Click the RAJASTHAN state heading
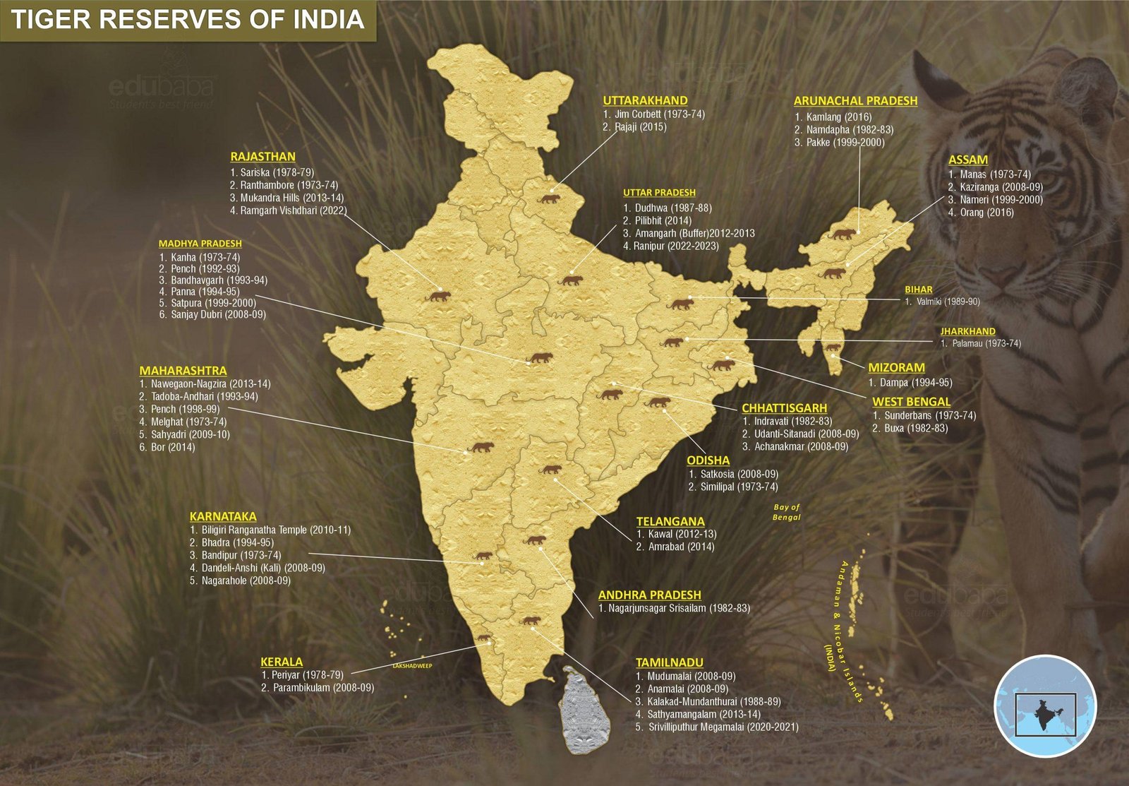tap(262, 157)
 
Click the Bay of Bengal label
tap(787, 512)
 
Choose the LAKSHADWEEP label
tap(412, 665)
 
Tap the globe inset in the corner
tap(1045, 705)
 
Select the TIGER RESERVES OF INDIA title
tap(187, 19)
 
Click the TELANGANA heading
tap(670, 521)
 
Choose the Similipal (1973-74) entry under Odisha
tap(738, 487)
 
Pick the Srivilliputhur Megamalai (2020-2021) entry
tap(722, 727)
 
